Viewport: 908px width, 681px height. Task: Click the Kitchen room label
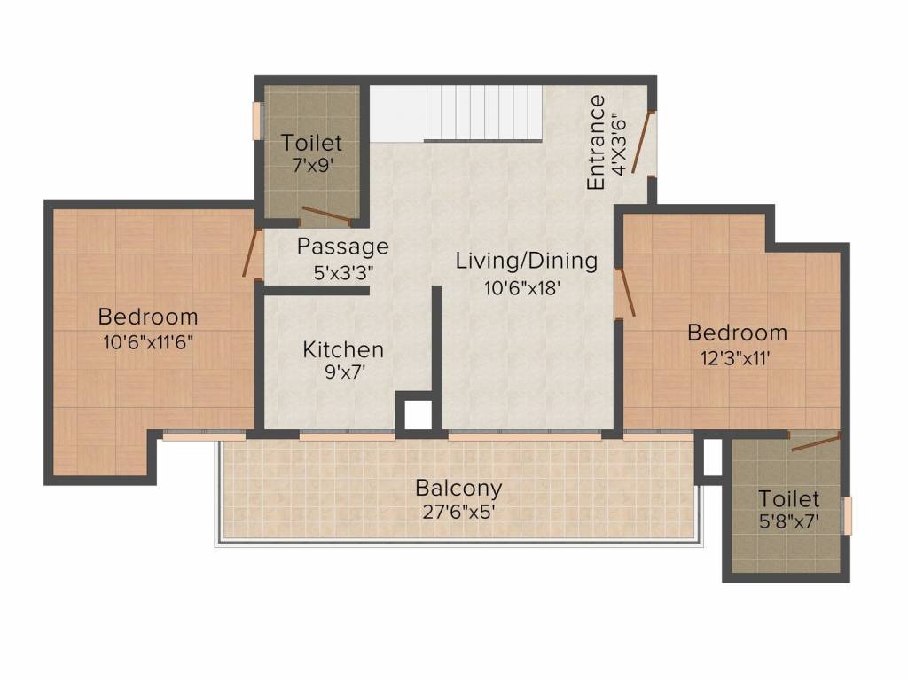tap(343, 349)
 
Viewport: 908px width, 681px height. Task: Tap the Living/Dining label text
tap(527, 261)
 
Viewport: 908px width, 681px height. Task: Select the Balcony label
tap(458, 489)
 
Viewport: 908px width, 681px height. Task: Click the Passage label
tap(343, 247)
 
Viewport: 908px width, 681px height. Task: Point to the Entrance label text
tap(596, 143)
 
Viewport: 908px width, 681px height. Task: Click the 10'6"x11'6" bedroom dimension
tap(148, 342)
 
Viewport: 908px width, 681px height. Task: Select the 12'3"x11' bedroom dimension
tap(735, 358)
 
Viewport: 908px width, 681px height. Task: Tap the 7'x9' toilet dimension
tap(312, 166)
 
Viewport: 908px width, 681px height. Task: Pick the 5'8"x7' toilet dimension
tap(788, 521)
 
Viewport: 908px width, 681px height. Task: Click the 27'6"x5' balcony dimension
tap(458, 513)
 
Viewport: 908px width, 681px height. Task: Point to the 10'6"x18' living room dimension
tap(521, 288)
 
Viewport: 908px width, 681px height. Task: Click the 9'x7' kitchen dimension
tap(345, 372)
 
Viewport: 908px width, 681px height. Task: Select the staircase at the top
tap(484, 113)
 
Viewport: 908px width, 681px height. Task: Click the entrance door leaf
tap(643, 142)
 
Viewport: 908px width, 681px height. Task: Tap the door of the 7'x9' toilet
tap(326, 215)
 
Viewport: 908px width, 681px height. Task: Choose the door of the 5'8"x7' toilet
tap(816, 442)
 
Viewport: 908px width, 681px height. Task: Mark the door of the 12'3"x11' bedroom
tap(626, 293)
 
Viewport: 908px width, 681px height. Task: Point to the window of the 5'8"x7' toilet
tap(847, 515)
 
